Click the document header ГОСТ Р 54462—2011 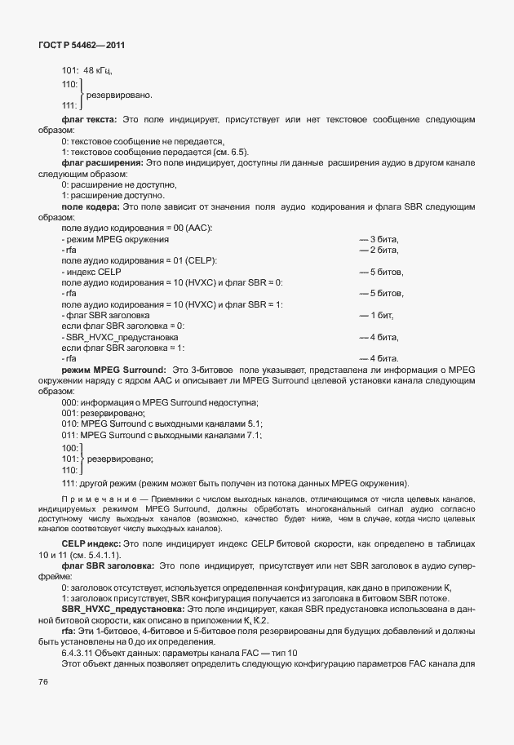(81, 45)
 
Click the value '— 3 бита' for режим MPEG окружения (379, 239)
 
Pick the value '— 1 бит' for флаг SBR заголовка (377, 314)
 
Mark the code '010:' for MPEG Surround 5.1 (70, 424)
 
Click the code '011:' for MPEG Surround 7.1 (70, 436)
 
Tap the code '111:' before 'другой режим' (70, 481)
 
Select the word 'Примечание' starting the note (90, 498)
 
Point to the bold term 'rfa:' (70, 630)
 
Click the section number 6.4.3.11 (82, 654)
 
